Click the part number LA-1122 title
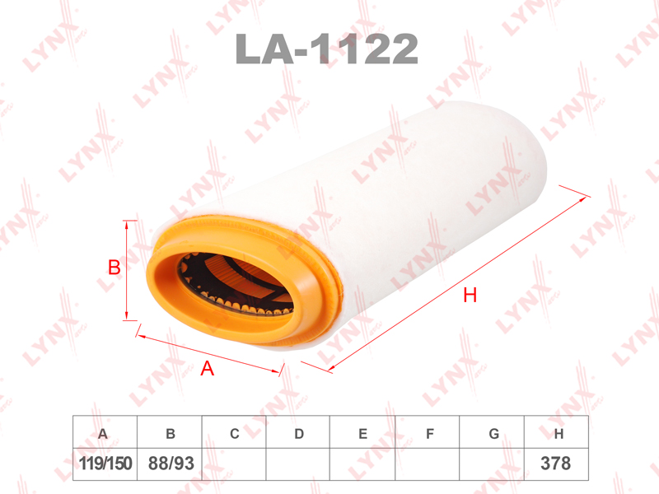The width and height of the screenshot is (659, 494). [326, 49]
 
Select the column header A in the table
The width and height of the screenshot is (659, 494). [102, 434]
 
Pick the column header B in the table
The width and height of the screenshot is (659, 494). [171, 434]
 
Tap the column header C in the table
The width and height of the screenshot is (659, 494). [235, 434]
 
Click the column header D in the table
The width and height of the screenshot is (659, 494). [299, 434]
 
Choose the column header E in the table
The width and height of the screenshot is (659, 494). [363, 434]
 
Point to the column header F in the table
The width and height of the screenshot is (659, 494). [429, 434]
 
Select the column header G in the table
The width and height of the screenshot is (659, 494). [494, 434]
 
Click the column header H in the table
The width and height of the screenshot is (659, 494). [559, 434]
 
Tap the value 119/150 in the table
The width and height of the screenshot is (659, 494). [105, 464]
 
